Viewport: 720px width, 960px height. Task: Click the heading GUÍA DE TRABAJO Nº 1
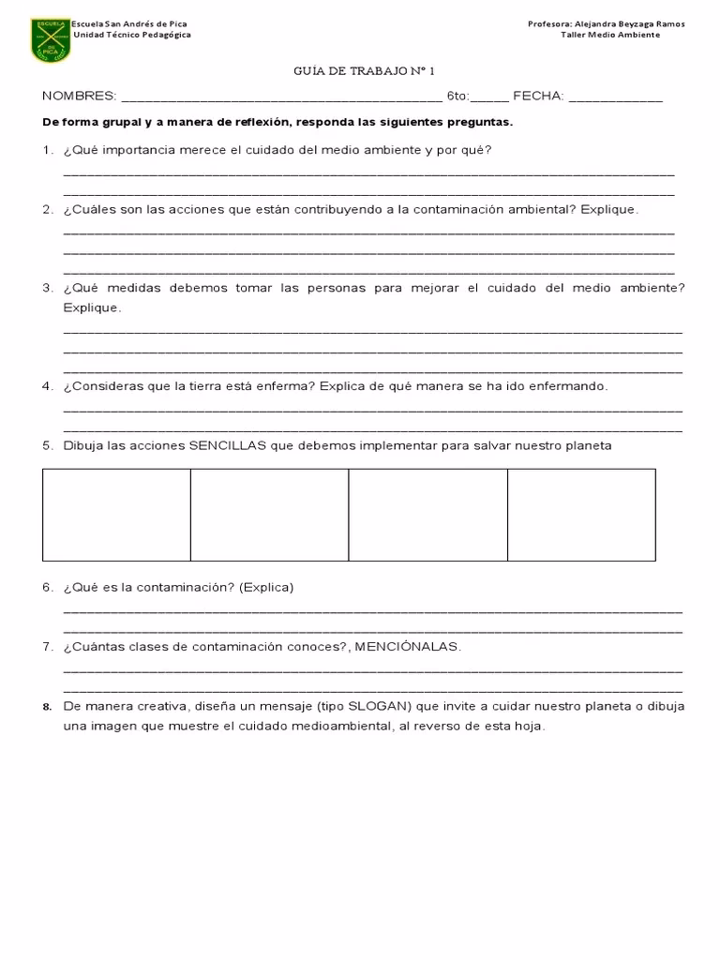pyautogui.click(x=358, y=71)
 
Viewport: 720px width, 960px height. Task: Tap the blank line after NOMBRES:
pyautogui.click(x=281, y=97)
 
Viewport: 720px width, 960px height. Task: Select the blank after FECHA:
pyautogui.click(x=615, y=97)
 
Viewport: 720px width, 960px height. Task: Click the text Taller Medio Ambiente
pyautogui.click(x=610, y=35)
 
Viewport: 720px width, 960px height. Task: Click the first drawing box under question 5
pyautogui.click(x=116, y=515)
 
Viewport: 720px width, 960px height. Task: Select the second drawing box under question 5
pyautogui.click(x=269, y=515)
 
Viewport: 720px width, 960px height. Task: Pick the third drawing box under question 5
pyautogui.click(x=427, y=515)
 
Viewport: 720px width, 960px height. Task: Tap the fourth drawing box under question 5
pyautogui.click(x=581, y=515)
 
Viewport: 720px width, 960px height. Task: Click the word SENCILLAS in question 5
pyautogui.click(x=228, y=445)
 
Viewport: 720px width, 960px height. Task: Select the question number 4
pyautogui.click(x=47, y=386)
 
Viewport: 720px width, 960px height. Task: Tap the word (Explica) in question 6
pyautogui.click(x=266, y=588)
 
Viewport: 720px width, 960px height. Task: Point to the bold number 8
pyautogui.click(x=47, y=707)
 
